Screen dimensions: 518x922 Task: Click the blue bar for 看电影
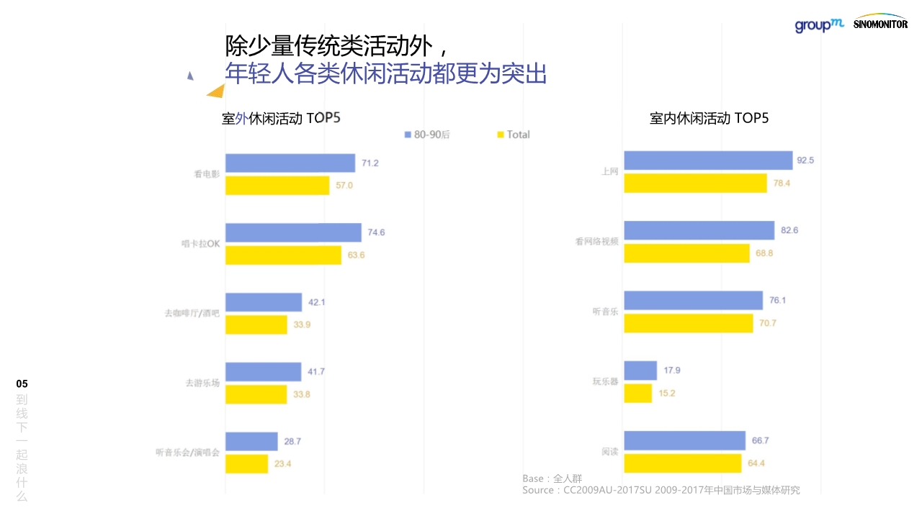tap(290, 163)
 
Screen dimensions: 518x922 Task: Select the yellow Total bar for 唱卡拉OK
tap(283, 255)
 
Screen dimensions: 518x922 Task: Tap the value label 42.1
tap(316, 302)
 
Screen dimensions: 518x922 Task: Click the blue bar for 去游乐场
tap(263, 372)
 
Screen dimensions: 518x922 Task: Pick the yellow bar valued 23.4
tap(246, 464)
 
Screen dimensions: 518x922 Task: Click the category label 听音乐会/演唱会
tap(187, 453)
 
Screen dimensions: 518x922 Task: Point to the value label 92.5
tap(805, 160)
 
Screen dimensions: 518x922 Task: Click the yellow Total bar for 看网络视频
tap(686, 253)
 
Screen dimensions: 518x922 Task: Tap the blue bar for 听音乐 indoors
tap(693, 300)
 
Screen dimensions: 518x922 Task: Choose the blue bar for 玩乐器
tap(640, 371)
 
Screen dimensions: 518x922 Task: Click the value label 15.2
tap(666, 394)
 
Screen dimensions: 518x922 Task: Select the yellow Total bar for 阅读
tap(682, 463)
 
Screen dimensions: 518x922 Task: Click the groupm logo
tap(819, 25)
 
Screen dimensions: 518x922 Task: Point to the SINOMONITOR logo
tap(880, 22)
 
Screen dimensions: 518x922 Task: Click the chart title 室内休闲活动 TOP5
tap(709, 119)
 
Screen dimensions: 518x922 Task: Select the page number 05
tap(22, 383)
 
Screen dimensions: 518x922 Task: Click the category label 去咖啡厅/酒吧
tap(192, 314)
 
